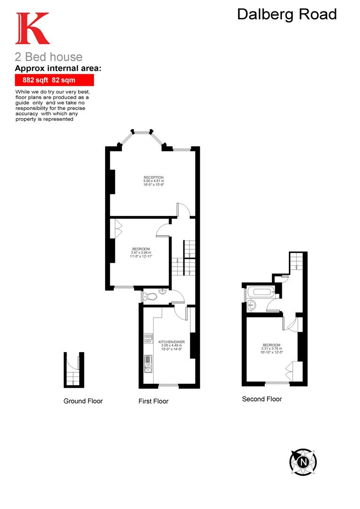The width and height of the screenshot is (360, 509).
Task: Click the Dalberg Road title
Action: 286,15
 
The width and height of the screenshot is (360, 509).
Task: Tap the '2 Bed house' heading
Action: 49,57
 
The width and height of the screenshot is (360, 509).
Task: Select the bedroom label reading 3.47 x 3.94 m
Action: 141,252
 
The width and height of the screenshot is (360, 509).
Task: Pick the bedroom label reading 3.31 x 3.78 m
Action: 271,348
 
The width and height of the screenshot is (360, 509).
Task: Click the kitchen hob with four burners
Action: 148,338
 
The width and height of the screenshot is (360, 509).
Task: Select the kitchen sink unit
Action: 148,362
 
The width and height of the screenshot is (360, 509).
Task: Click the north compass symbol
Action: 303,461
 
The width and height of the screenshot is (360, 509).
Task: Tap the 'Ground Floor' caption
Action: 83,401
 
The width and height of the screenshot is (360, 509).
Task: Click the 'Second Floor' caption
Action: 262,399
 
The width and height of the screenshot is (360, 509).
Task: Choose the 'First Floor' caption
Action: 153,402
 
